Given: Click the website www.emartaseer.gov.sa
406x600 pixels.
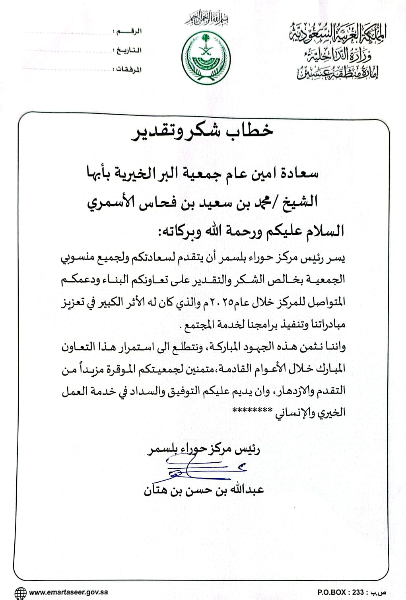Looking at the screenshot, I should (68, 592).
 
